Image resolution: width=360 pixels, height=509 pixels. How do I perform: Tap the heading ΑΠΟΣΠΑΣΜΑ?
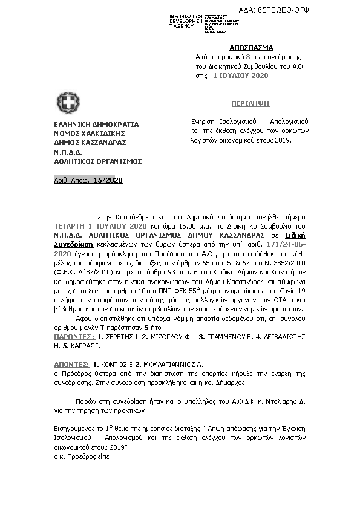(251, 48)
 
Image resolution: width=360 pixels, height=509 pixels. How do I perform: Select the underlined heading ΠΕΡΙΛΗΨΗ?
(249, 103)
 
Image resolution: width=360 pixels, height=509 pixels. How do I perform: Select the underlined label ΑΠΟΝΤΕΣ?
(68, 366)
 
